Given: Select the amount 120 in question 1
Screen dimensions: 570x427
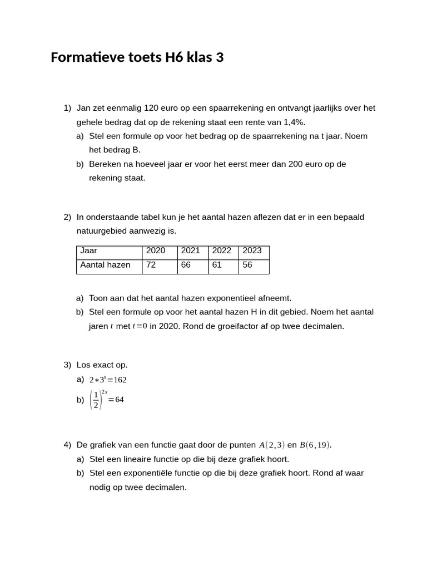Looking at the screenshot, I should pos(151,108).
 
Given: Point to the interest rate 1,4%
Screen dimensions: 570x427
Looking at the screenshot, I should pos(294,122).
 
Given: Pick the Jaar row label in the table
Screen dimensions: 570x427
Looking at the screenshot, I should pos(89,251).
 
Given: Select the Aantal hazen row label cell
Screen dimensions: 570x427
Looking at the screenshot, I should pos(106,265).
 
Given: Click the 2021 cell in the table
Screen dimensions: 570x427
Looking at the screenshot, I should pos(191,251).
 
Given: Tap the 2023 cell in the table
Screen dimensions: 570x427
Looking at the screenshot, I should pos(252,251).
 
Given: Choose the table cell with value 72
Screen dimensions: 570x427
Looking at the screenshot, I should pos(151,265).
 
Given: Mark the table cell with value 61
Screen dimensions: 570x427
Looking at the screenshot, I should pos(217,265).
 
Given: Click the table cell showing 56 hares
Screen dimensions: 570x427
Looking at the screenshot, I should pos(247,265).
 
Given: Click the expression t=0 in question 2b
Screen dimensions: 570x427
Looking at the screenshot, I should pos(140,326).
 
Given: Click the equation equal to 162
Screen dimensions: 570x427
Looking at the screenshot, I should pos(108,380).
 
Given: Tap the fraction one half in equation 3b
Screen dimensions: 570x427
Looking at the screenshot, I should pos(96,400).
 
